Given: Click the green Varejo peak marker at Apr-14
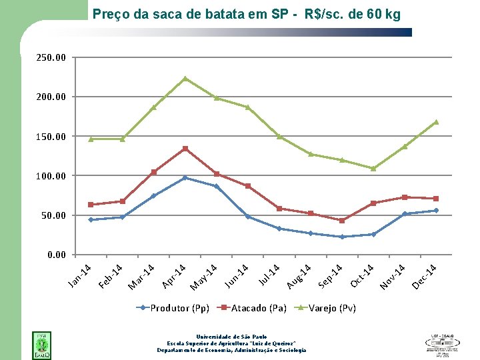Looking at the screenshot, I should click(185, 79).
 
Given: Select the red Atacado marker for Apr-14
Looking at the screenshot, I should click(185, 149).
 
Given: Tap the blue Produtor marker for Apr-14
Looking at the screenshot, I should click(185, 178).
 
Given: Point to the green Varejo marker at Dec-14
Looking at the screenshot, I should click(436, 122).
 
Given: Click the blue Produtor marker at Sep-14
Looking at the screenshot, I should click(342, 237).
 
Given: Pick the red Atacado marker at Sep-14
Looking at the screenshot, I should click(342, 220).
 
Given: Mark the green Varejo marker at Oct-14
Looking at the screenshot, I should click(373, 169).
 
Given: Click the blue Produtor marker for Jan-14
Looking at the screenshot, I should click(91, 219).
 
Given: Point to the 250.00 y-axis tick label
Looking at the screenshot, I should click(51, 58).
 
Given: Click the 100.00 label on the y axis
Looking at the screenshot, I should click(51, 176).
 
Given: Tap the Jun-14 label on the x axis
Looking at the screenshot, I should click(236, 277).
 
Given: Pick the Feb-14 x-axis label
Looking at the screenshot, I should click(111, 277).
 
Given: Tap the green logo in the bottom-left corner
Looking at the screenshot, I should click(41, 345).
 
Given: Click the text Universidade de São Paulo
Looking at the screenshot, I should click(231, 337).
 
